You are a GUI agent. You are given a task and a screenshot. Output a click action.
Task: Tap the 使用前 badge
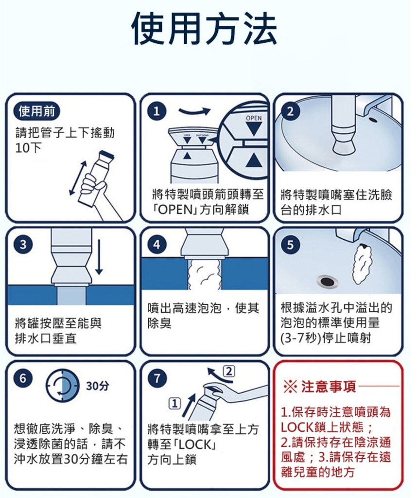click(36, 111)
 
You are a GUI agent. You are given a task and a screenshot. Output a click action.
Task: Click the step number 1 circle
click(157, 111)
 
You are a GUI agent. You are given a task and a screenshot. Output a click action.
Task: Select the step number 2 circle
click(290, 111)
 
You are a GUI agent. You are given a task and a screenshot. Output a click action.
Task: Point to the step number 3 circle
click(23, 245)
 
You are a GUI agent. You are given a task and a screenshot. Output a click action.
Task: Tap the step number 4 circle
click(157, 245)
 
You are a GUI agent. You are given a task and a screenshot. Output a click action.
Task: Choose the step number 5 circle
click(290, 245)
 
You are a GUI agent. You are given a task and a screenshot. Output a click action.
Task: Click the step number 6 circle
click(23, 378)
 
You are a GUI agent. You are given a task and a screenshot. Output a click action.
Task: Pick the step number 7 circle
click(157, 378)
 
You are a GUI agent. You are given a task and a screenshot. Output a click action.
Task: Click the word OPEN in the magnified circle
click(254, 118)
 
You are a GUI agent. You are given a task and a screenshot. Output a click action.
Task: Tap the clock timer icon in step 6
click(63, 386)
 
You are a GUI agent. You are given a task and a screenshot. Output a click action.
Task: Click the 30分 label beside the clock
click(98, 386)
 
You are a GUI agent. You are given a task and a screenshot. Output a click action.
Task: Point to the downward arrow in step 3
click(99, 257)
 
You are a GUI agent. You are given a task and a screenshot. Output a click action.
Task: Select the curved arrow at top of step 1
click(194, 111)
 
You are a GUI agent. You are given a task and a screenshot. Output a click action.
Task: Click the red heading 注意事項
click(328, 387)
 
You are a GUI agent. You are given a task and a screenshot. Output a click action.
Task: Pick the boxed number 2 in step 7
click(229, 371)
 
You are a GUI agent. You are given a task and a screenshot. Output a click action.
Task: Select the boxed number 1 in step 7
click(174, 403)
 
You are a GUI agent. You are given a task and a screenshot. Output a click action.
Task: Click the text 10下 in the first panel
click(28, 148)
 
